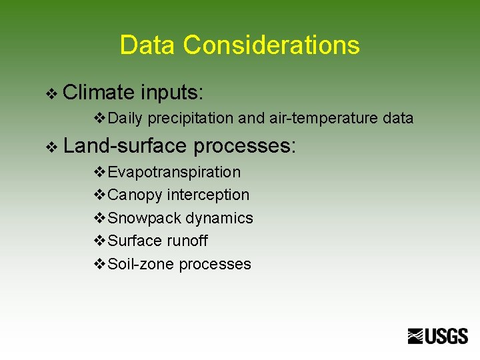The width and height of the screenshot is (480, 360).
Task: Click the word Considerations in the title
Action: (271, 45)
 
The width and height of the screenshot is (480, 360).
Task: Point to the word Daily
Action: (125, 119)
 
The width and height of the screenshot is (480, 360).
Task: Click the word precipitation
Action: (190, 119)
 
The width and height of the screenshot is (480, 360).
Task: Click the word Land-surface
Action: (125, 145)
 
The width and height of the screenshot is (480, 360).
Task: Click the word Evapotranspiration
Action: (174, 172)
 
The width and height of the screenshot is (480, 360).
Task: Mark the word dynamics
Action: (219, 218)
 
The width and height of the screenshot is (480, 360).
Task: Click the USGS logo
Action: (438, 336)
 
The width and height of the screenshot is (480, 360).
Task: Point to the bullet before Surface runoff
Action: (100, 241)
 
